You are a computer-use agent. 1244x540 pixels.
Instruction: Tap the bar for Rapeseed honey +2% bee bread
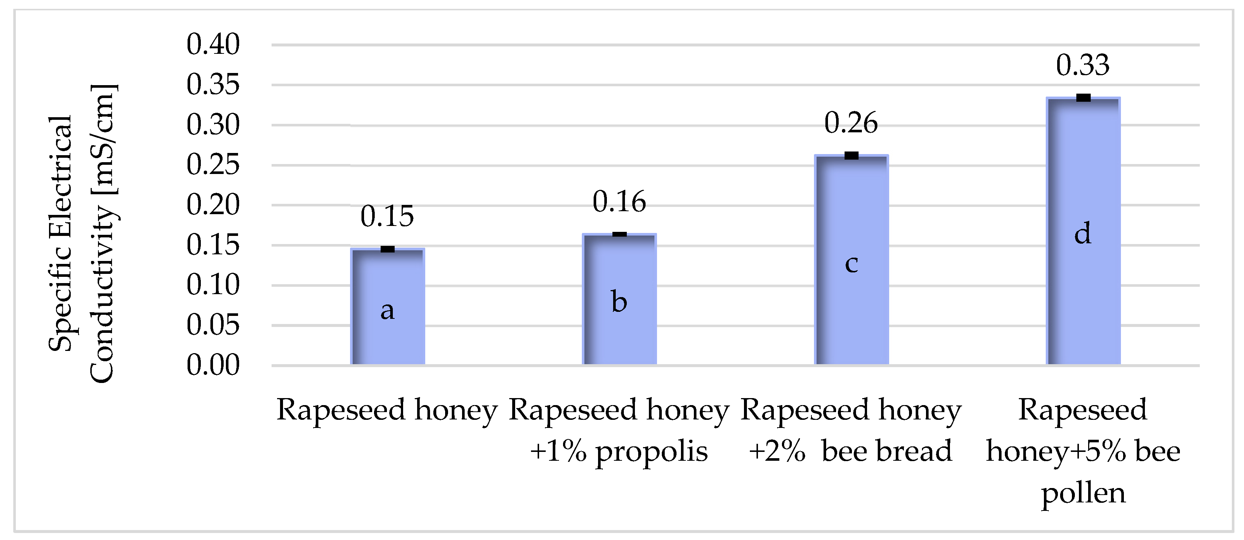[852, 314]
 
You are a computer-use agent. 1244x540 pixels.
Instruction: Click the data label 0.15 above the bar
[387, 216]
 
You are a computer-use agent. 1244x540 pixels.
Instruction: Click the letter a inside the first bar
[387, 311]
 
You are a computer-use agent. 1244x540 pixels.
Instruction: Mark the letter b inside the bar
[619, 302]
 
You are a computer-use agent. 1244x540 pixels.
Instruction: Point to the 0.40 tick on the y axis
[213, 45]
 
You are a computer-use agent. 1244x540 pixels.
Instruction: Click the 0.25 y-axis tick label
[213, 165]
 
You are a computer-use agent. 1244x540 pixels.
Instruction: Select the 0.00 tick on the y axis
[213, 365]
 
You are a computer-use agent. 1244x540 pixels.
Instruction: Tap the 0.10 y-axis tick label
[213, 285]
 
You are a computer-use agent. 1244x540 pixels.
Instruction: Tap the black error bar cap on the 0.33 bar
[1083, 98]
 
